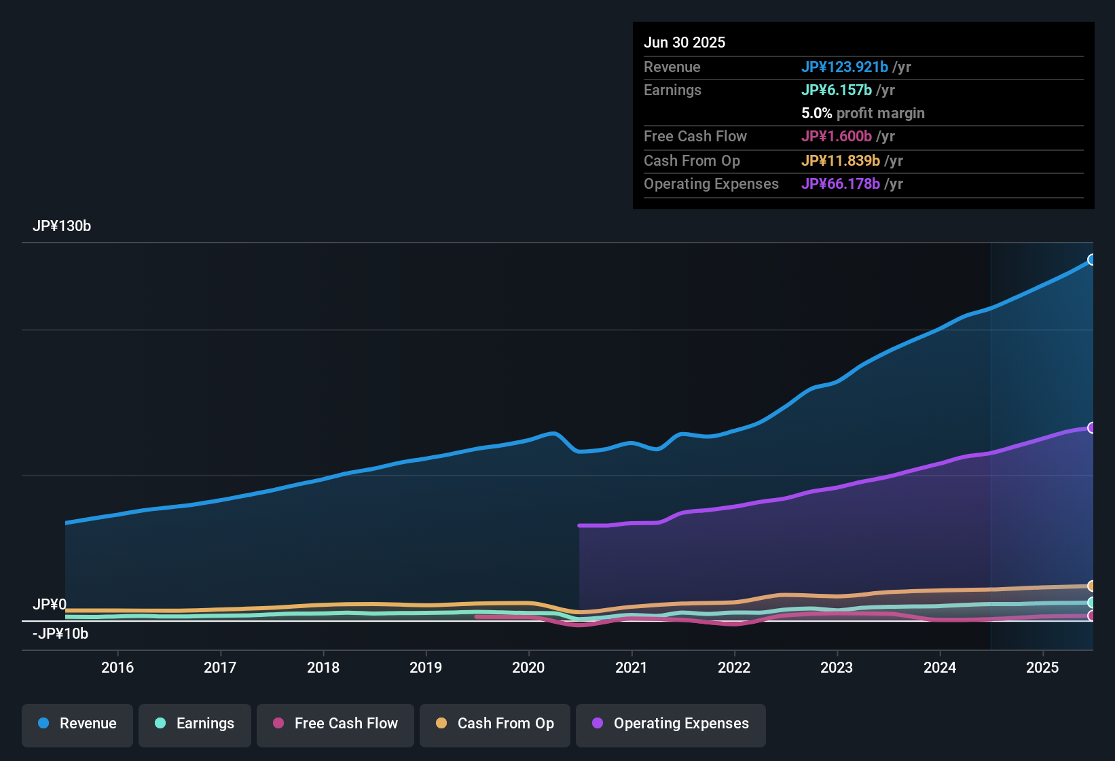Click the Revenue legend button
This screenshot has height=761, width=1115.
click(77, 724)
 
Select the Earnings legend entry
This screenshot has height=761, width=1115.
click(195, 724)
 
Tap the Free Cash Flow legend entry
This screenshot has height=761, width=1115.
click(335, 724)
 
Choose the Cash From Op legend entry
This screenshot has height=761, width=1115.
click(495, 724)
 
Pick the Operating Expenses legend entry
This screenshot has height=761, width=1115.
click(670, 724)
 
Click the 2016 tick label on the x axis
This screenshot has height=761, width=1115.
click(117, 668)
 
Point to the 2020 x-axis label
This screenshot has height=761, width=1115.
click(528, 668)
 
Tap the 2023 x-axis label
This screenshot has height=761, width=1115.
click(837, 668)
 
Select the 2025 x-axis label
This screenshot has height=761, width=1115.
click(1042, 668)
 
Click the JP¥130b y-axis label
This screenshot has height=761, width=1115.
click(62, 226)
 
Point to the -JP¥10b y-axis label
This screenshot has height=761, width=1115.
click(60, 634)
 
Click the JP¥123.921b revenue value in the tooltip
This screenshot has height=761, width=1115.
click(845, 67)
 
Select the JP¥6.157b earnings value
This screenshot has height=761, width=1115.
click(837, 90)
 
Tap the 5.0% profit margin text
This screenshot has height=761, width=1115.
click(862, 113)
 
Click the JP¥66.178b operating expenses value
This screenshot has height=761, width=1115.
click(841, 184)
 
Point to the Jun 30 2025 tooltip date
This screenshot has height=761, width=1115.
click(684, 43)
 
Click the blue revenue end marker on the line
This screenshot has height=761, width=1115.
click(1091, 260)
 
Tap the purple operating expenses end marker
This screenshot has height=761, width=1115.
click(1091, 428)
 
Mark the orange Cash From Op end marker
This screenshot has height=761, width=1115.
click(1091, 586)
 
